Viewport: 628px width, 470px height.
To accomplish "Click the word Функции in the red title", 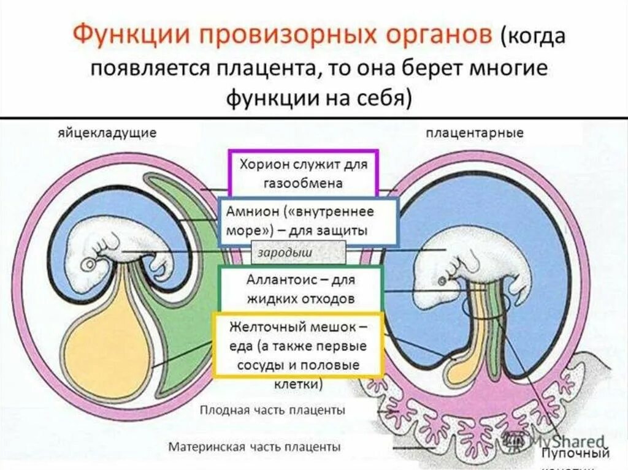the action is [x=126, y=35].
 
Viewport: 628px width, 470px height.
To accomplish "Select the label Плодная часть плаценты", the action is [x=272, y=410].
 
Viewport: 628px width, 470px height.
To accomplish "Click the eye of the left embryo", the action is [x=90, y=264].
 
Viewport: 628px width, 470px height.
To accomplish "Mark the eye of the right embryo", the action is [x=442, y=281].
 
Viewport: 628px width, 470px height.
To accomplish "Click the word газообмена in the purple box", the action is [x=304, y=183].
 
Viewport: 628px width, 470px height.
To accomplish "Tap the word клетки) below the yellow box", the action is [x=300, y=384].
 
